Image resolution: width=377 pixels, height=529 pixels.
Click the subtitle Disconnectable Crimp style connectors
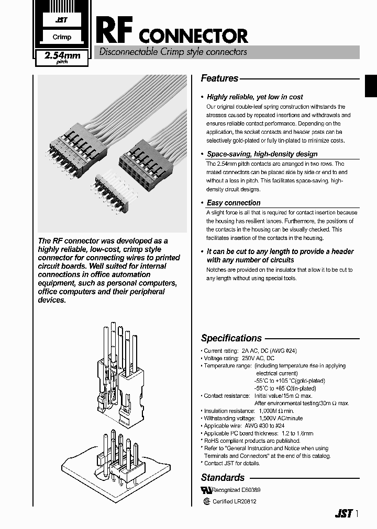(x=173, y=52)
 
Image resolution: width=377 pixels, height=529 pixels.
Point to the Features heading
(x=219, y=78)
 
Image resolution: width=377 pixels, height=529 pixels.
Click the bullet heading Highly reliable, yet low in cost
(x=254, y=97)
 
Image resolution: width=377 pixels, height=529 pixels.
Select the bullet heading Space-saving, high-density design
(x=262, y=154)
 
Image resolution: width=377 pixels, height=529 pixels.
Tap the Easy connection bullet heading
(x=234, y=203)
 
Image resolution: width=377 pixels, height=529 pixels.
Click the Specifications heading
(x=231, y=338)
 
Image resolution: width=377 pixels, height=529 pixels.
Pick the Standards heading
(x=223, y=477)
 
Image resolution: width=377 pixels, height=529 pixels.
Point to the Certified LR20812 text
(x=234, y=501)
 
